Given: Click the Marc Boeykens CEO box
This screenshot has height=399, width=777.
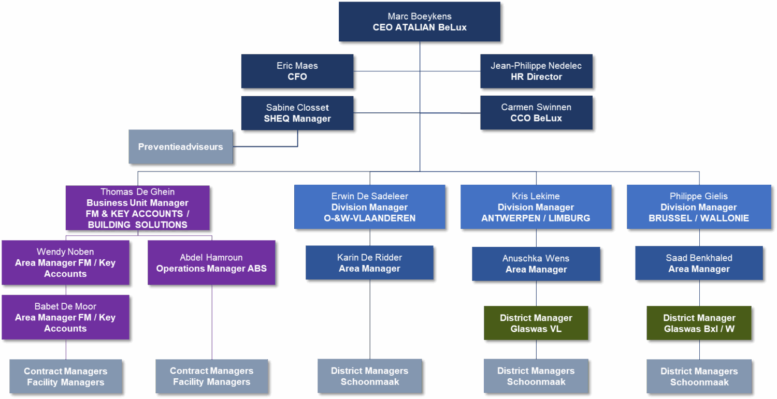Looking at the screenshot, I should (420, 22).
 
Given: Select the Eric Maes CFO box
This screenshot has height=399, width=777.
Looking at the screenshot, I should (297, 71).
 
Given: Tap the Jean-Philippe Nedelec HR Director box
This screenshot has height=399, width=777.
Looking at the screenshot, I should (536, 71).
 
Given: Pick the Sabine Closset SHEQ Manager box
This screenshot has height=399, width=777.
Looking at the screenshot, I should (297, 113).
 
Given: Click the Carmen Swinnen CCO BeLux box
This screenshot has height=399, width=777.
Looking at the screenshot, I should (536, 113).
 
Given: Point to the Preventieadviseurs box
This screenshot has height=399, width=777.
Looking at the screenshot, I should (180, 146).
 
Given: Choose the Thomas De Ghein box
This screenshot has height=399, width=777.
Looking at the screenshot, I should (137, 208).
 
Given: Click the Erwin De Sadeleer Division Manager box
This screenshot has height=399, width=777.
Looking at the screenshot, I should (369, 206).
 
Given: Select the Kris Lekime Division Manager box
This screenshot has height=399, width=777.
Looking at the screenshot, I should (536, 206).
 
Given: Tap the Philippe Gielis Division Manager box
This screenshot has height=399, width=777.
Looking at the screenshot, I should (699, 206).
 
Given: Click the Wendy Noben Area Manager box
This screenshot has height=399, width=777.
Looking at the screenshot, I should (65, 262).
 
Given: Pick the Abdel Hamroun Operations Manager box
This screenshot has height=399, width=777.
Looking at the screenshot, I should (211, 262).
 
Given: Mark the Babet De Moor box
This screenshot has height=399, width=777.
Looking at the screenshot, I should (65, 317).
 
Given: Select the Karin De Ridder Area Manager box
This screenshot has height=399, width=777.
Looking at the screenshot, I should (369, 262).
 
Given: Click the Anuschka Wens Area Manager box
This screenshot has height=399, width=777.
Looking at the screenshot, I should (536, 263).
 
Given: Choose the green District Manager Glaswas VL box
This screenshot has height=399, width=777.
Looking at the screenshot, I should (536, 323).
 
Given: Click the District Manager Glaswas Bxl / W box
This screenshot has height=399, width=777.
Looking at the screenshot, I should (699, 323).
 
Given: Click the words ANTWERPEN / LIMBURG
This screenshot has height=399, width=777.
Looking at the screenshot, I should (536, 218).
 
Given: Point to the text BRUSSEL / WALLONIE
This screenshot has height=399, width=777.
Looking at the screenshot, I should (699, 218).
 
